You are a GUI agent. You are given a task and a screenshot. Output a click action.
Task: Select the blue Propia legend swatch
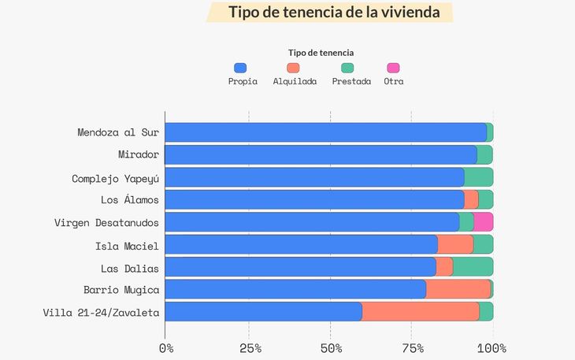pos(241,69)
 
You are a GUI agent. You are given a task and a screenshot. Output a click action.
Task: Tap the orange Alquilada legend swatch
pos(294,69)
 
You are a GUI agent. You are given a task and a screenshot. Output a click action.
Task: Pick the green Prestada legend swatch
pos(347,69)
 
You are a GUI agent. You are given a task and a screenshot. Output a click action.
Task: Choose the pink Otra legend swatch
pos(393,69)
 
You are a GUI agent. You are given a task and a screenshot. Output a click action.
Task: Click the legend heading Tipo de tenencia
pos(320,52)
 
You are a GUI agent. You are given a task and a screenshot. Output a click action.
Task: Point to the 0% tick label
pos(166,348)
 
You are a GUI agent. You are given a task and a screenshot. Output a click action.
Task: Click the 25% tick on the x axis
pos(249,348)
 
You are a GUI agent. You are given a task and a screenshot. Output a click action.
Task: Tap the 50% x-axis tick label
pos(331,348)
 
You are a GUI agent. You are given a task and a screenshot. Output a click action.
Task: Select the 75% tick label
pos(412,348)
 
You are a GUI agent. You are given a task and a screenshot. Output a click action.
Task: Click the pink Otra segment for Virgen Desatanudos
pos(483,222)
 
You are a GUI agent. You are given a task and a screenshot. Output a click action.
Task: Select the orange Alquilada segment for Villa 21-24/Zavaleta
pos(420,311)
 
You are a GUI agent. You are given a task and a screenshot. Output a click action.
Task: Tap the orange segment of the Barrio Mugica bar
pos(458,289)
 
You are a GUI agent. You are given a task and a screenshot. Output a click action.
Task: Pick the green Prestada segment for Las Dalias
pos(473,267)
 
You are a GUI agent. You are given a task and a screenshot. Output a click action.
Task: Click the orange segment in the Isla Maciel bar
pos(455,244)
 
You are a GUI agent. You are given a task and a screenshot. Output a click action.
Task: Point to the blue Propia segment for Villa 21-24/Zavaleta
pos(263,311)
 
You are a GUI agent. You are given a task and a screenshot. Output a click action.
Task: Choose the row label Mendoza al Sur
pos(118,132)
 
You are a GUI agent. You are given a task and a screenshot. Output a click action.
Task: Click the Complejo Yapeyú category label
pos(115,178)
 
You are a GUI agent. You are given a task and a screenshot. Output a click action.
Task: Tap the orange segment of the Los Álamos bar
pos(471,199)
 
